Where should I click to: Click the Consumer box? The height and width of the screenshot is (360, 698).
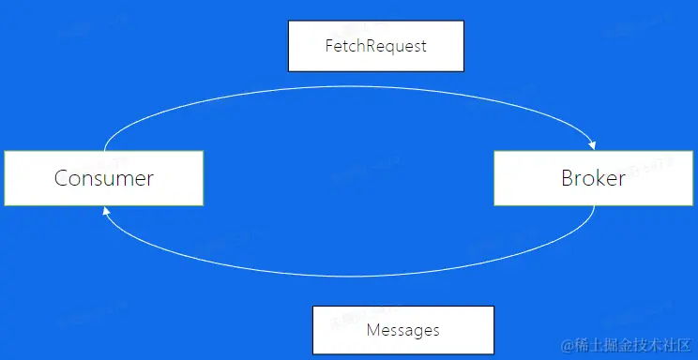click(103, 177)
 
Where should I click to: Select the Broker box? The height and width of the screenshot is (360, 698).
click(593, 177)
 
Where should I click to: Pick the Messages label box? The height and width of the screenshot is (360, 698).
click(402, 329)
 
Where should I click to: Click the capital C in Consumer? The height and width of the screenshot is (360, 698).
click(61, 178)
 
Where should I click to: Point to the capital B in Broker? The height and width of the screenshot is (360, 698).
click(568, 178)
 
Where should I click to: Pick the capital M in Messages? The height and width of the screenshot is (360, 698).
click(372, 330)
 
